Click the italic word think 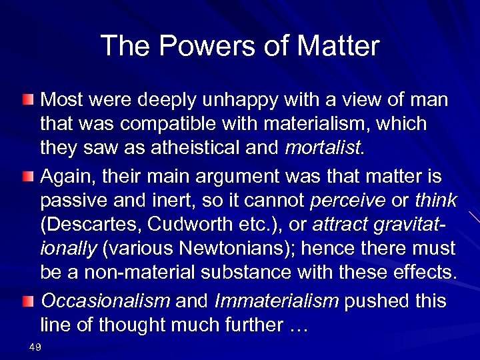pyautogui.click(x=435, y=200)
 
